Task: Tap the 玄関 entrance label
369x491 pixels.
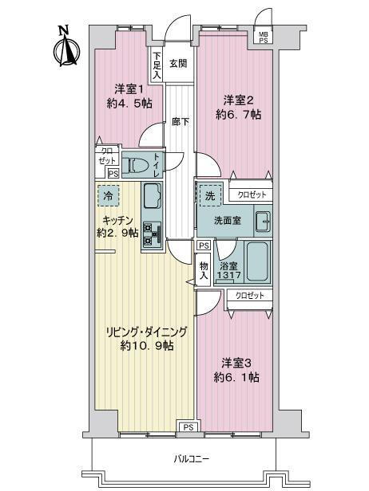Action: tap(179, 64)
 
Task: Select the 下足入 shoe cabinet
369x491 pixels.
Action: tap(157, 65)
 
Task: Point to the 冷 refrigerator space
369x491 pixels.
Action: tap(109, 196)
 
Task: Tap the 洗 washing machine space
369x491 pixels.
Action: tap(210, 195)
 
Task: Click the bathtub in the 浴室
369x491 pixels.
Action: tap(258, 261)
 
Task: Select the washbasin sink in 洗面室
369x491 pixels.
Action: tap(263, 221)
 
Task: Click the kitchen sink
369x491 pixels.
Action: tap(152, 195)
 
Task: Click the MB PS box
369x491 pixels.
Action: tap(263, 37)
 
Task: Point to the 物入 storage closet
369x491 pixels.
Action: tap(204, 270)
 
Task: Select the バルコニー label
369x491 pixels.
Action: tap(192, 459)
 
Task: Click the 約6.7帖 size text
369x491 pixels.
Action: tap(239, 115)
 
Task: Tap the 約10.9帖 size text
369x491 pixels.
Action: tap(147, 346)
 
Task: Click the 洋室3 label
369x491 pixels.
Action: tap(236, 363)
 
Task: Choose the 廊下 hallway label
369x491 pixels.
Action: tap(181, 121)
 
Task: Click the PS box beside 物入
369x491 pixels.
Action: tap(204, 245)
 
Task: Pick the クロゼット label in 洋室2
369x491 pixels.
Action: tap(252, 194)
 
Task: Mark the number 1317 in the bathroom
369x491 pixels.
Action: tap(229, 275)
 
